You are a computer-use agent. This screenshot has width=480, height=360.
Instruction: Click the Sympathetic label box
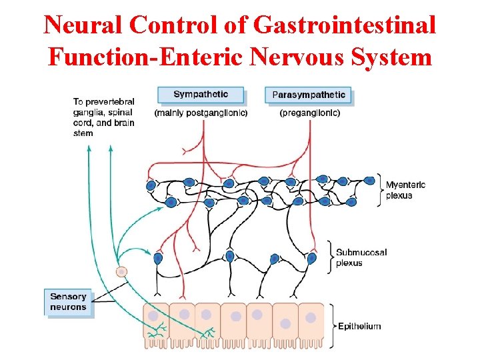click(201, 95)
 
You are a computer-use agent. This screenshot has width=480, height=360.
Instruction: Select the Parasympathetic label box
click(309, 95)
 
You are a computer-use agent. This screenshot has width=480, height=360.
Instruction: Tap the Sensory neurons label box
click(68, 302)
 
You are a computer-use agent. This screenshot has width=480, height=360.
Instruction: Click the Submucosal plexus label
click(361, 257)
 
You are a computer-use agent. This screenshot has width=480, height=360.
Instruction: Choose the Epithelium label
click(359, 326)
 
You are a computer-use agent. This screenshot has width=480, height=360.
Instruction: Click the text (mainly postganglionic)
click(201, 113)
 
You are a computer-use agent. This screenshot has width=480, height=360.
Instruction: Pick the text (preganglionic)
click(309, 113)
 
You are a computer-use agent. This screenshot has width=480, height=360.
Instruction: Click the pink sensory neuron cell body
click(121, 271)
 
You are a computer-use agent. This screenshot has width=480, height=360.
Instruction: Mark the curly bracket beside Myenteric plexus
click(380, 189)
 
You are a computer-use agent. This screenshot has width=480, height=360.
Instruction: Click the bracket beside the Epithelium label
click(331, 326)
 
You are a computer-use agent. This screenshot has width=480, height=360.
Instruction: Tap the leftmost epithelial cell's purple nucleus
click(154, 316)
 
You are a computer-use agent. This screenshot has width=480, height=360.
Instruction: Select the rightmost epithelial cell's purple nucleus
click(311, 318)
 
